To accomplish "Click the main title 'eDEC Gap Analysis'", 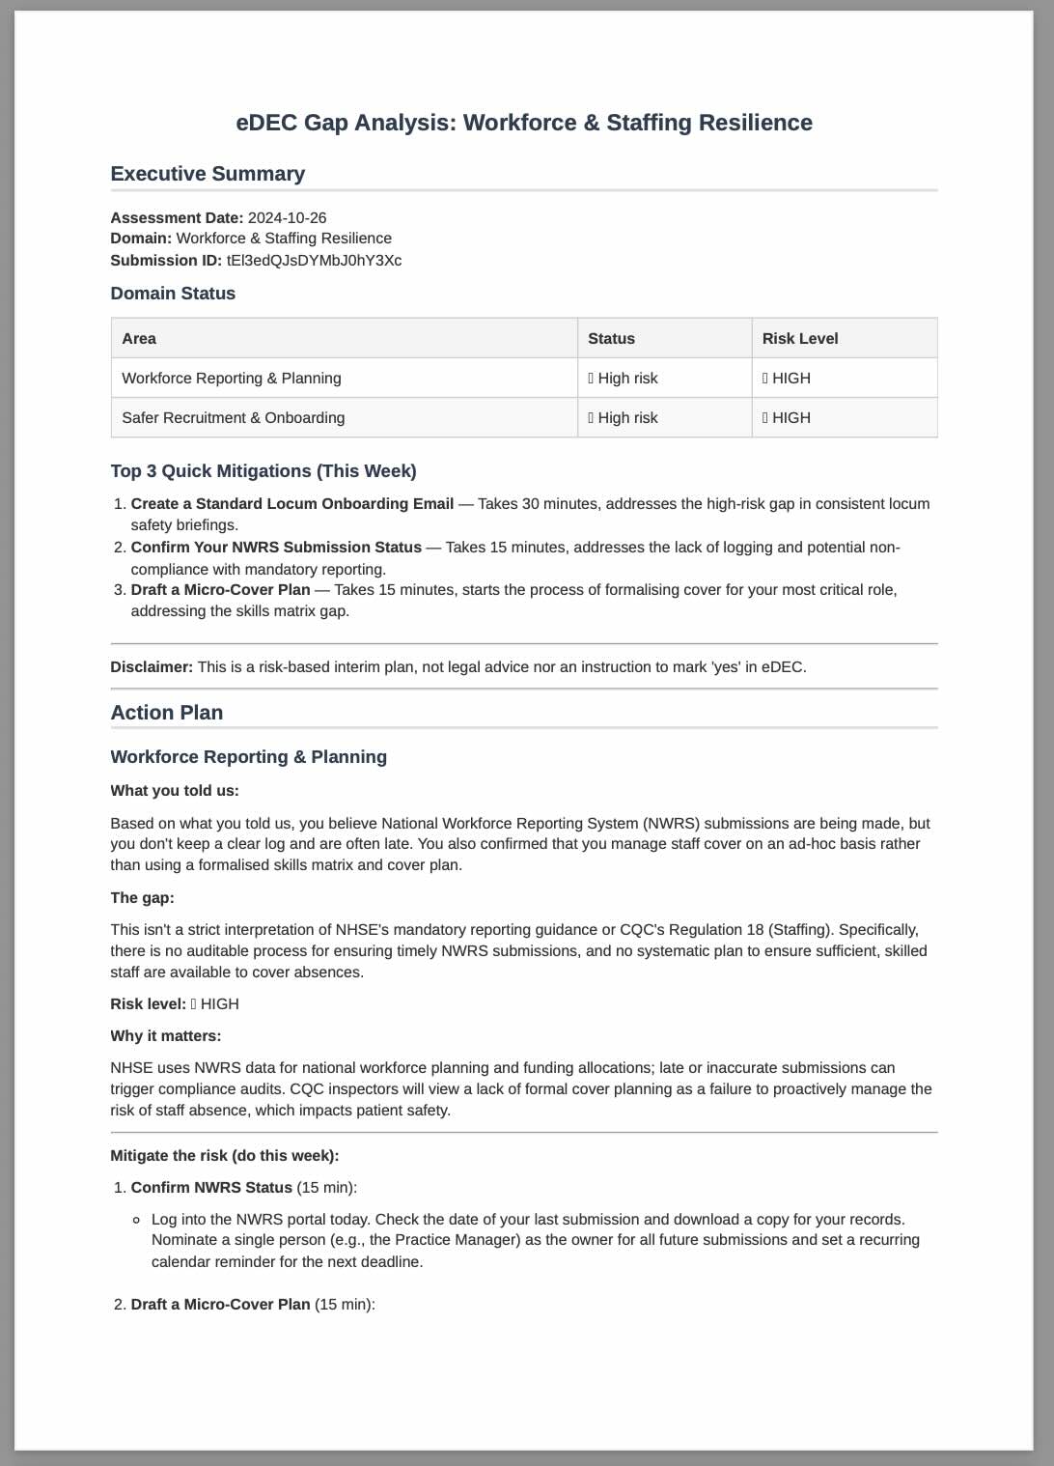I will click(x=523, y=123).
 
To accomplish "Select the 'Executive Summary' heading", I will click(x=208, y=174).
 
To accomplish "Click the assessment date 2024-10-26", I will click(x=287, y=218).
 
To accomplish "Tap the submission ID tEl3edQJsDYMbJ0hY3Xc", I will click(x=314, y=261).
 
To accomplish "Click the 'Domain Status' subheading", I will click(x=173, y=294).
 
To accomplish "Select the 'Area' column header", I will click(x=139, y=339).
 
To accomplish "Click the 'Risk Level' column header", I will click(x=799, y=339).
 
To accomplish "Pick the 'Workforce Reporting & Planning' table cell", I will click(x=232, y=379).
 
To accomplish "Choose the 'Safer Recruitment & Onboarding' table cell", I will click(x=233, y=418).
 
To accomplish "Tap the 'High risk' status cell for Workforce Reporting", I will click(x=624, y=379).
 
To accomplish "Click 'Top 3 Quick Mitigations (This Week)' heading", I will click(x=263, y=471).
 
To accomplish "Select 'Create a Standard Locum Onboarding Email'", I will click(x=291, y=504).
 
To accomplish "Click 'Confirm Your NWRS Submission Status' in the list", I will click(x=276, y=548).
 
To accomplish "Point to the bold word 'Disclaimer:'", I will click(x=152, y=667).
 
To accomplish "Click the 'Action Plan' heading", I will click(x=167, y=713).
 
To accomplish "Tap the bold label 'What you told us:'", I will click(x=175, y=791).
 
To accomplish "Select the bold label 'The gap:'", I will click(x=142, y=898).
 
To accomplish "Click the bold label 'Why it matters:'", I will click(x=165, y=1036).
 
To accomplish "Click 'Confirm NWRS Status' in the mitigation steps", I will click(x=211, y=1188).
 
